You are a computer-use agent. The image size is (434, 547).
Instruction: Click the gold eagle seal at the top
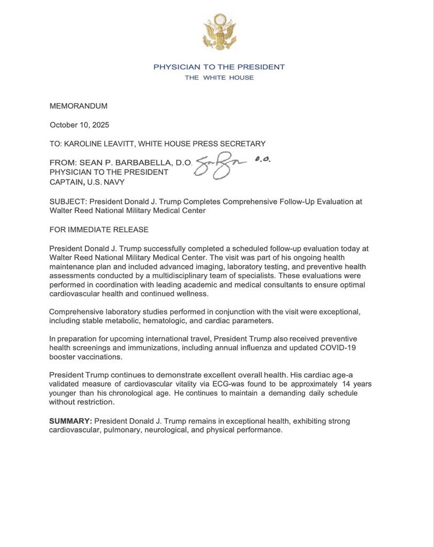coord(219,33)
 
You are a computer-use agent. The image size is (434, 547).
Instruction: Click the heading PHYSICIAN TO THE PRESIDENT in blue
coord(219,67)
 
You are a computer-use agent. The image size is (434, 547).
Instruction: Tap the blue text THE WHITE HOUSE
coord(219,78)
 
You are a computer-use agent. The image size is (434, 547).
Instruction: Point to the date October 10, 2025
coord(79,125)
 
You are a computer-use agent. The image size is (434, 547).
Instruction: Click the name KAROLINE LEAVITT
coord(100,143)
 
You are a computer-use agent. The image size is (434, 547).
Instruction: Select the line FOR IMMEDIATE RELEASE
coord(99,230)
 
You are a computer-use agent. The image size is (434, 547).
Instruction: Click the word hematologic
coord(171,321)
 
